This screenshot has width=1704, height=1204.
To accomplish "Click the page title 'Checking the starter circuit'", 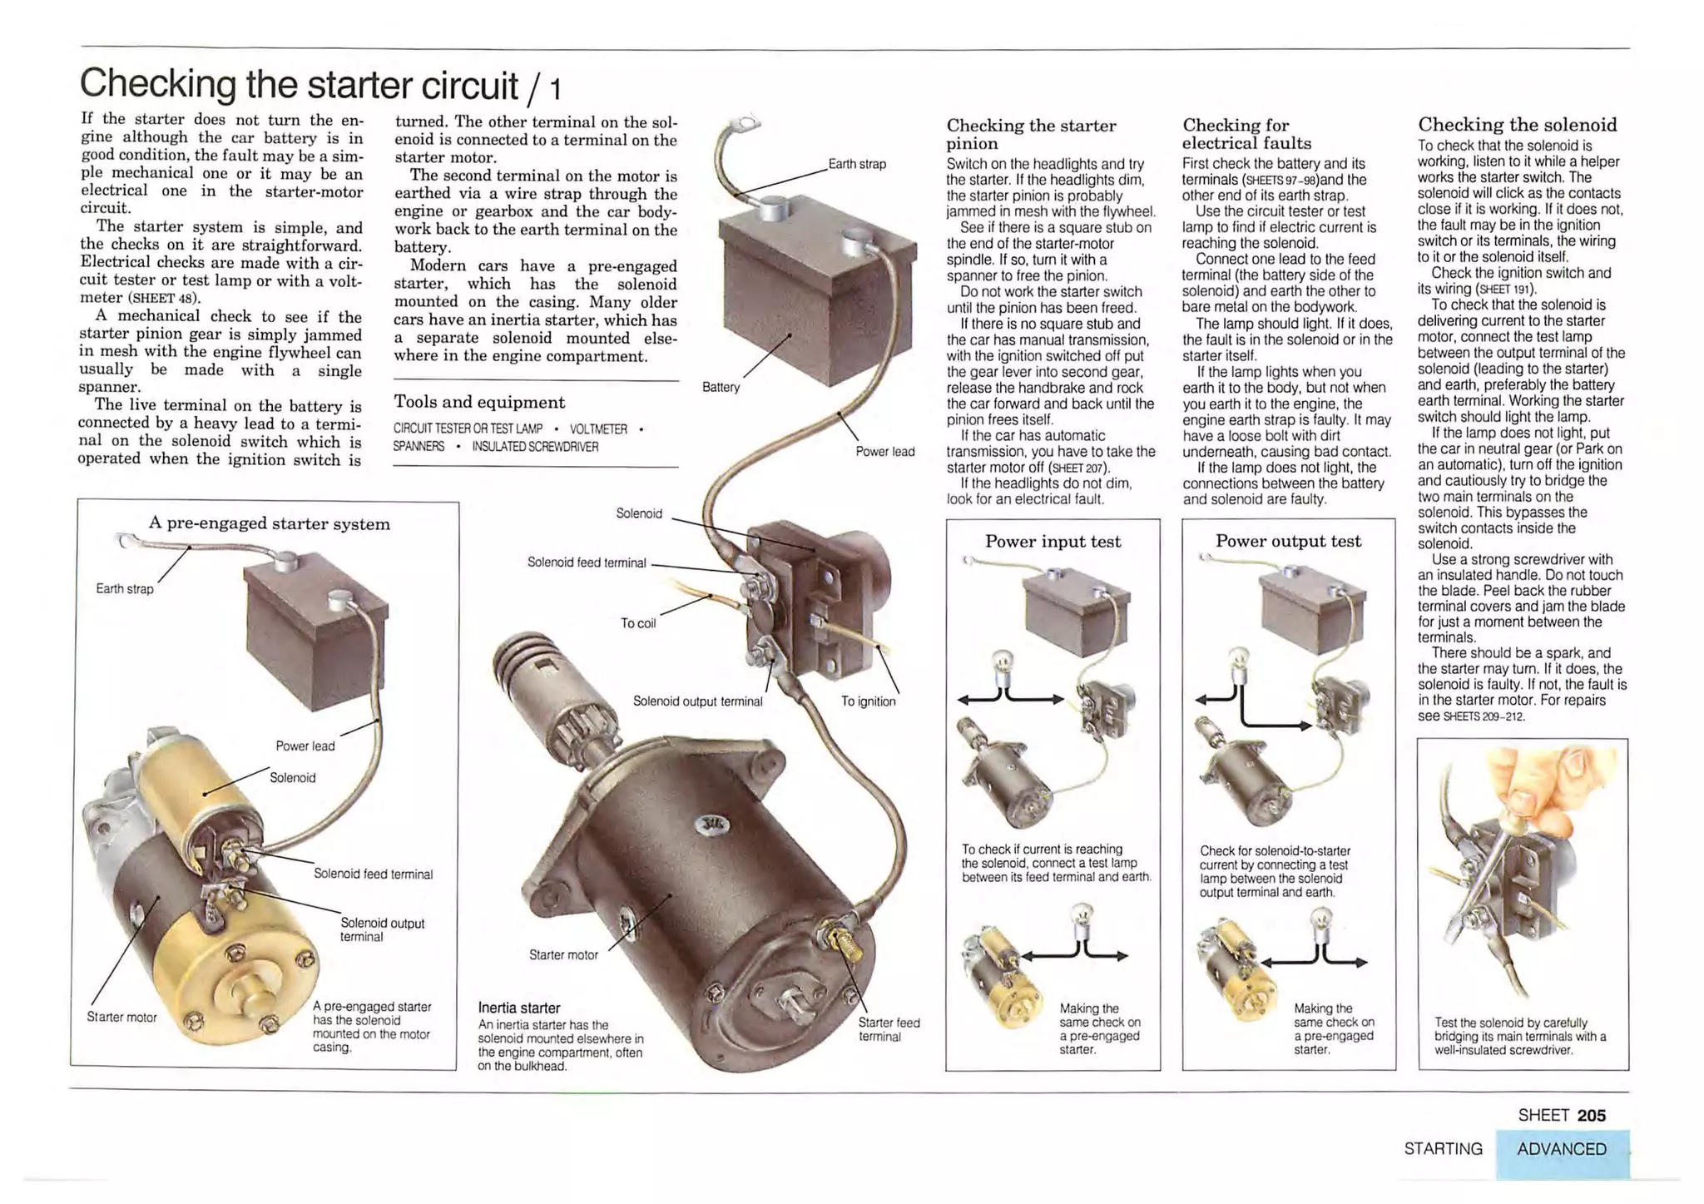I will click(300, 85).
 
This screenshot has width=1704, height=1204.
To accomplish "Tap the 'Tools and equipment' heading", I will click(478, 403).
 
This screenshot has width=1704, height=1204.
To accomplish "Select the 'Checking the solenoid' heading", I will click(1517, 125).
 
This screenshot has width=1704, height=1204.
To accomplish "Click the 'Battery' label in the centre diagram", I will click(720, 387).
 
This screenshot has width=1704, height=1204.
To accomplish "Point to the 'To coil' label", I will click(638, 623).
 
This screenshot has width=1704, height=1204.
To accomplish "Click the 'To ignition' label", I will click(868, 701).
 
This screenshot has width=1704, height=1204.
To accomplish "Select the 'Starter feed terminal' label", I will click(889, 1029).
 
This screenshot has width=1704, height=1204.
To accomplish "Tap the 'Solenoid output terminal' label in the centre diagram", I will click(697, 701).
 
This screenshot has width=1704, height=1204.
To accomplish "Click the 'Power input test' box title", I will click(1053, 542).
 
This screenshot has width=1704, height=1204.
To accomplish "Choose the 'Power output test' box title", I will click(1288, 541).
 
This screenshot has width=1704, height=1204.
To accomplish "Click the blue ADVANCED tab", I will click(1561, 1149).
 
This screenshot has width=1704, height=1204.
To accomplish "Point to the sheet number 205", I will click(1591, 1115).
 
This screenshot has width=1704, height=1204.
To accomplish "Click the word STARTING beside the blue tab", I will click(1443, 1149).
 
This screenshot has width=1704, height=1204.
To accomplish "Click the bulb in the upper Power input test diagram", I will click(1004, 663).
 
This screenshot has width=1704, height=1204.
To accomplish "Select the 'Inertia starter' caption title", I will click(519, 1008).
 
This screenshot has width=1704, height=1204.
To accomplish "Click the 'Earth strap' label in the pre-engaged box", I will click(125, 589).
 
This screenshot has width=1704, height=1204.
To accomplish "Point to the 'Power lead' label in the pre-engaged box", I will click(305, 746).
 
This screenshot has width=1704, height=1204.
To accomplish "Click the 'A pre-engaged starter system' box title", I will click(269, 523).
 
